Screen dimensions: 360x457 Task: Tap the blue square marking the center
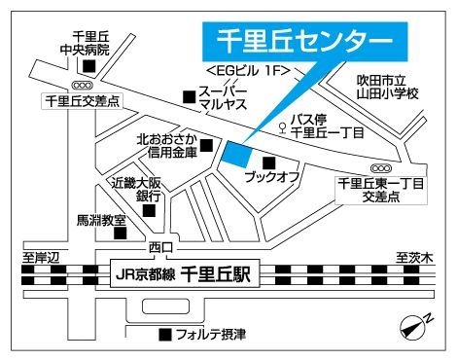236,154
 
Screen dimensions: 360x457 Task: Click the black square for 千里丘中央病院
89,66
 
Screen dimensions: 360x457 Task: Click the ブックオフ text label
271,180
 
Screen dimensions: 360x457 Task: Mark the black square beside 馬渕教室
120,232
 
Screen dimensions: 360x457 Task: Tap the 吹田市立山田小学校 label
386,85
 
